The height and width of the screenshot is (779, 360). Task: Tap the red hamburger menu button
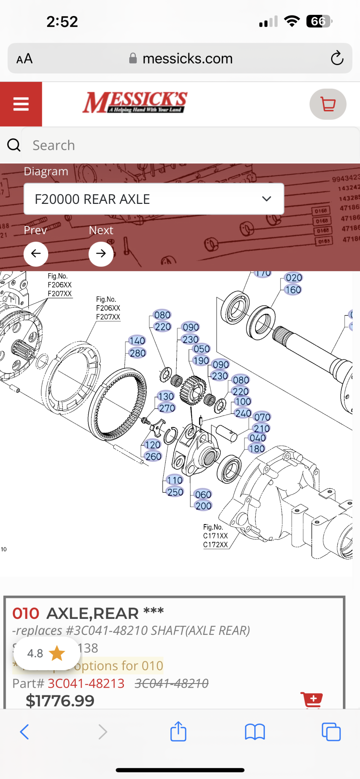tap(21, 104)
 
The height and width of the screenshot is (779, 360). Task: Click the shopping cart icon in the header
tap(328, 104)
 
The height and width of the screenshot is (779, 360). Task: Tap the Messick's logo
tap(135, 103)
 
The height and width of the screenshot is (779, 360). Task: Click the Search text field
tap(190, 145)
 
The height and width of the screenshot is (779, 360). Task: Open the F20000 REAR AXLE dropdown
tap(154, 199)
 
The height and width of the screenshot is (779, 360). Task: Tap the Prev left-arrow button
tap(36, 254)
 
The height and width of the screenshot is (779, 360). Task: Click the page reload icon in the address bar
tap(337, 59)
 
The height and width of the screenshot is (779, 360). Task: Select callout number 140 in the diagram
tap(137, 341)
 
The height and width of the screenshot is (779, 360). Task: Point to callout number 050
tap(201, 349)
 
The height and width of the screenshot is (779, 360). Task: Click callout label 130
tap(166, 396)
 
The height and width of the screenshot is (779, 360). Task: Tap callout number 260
tap(153, 456)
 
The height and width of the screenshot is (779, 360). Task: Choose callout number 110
tap(174, 480)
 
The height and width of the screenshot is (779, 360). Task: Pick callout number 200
tap(203, 506)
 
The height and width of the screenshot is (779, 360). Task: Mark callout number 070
tap(262, 417)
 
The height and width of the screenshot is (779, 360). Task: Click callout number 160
tap(293, 290)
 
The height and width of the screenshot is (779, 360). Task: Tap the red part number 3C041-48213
tap(86, 684)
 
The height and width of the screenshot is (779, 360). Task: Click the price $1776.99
tap(60, 701)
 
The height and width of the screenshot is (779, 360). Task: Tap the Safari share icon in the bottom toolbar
tap(178, 731)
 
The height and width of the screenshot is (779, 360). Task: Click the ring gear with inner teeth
tap(118, 405)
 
